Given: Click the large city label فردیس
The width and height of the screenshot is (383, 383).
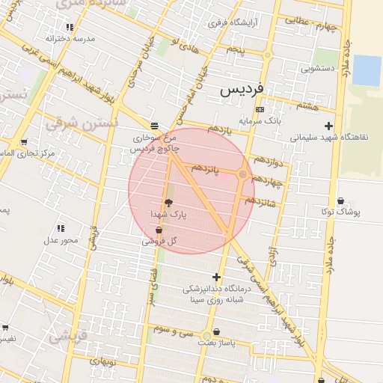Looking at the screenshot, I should pos(242,90).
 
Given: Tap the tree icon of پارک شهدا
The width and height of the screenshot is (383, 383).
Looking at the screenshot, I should pos(168,203).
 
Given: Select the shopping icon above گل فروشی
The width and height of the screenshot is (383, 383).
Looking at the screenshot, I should pos(159,230).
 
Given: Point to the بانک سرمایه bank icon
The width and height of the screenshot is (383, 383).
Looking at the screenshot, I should pos(260,109).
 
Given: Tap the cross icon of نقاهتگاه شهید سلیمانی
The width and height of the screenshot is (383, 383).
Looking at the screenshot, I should pos(328,126).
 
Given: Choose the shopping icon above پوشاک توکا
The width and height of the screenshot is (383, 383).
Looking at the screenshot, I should pos(341,200).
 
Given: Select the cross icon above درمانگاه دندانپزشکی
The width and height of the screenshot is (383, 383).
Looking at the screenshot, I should pos(216,277).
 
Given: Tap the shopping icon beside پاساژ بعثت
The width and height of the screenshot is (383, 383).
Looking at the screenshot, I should pos(217,331).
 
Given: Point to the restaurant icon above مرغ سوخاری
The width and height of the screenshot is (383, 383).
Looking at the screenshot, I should pos(154,125).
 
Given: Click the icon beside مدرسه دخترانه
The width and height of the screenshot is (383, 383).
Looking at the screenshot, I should pos(91,27).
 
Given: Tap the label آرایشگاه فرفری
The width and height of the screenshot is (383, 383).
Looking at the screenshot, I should pos(233,23).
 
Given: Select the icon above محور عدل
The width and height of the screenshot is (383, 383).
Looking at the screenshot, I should pos(60,227).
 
